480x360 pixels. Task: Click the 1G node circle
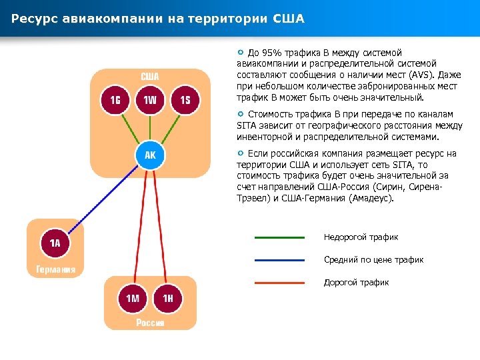115,100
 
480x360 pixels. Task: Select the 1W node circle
150,100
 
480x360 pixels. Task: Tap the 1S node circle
185,100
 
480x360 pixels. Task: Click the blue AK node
150,155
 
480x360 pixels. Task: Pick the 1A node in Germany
55,243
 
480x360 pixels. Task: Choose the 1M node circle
133,298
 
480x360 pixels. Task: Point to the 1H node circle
167,298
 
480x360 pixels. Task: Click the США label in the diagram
149,76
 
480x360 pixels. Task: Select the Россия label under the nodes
150,323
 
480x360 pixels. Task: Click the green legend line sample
279,237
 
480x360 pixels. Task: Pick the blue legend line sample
279,260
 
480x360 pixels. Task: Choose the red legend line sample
279,283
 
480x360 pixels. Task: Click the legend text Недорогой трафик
361,237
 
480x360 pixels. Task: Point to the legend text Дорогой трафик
356,283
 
